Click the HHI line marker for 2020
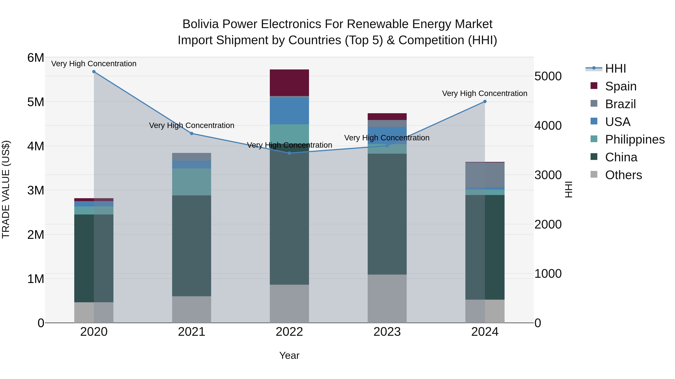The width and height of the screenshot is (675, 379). click(94, 71)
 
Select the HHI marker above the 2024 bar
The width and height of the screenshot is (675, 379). click(485, 101)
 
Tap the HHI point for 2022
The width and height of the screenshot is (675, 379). click(289, 153)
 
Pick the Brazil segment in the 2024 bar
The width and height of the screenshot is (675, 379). click(485, 175)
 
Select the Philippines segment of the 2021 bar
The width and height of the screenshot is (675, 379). click(192, 182)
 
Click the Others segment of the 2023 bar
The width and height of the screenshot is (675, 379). click(387, 298)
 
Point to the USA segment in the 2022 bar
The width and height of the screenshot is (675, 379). click(289, 111)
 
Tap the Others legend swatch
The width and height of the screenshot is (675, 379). click(594, 174)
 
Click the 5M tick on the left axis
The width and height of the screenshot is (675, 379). click(36, 102)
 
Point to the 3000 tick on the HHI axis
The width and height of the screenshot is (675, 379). click(548, 175)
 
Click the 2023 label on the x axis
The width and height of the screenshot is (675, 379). click(387, 332)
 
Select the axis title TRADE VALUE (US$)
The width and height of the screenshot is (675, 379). click(6, 189)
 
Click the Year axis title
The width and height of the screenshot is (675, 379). click(289, 355)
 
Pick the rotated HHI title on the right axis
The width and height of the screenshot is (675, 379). click(568, 189)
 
